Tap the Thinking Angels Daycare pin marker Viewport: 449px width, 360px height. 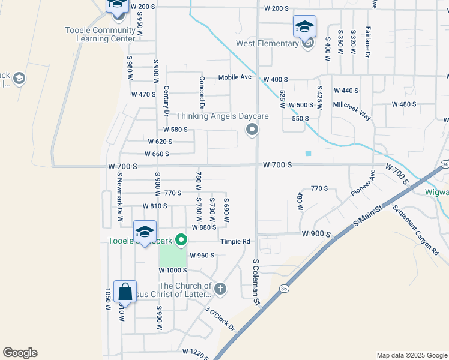(253, 129)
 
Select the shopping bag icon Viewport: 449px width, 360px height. (125, 292)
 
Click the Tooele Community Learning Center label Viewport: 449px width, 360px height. (101, 34)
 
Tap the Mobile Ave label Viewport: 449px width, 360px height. (234, 77)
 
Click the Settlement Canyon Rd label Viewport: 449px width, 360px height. (416, 230)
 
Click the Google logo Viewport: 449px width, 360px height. (20, 353)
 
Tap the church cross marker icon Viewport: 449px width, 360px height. (221, 289)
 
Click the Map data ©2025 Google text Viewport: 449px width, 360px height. (411, 355)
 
